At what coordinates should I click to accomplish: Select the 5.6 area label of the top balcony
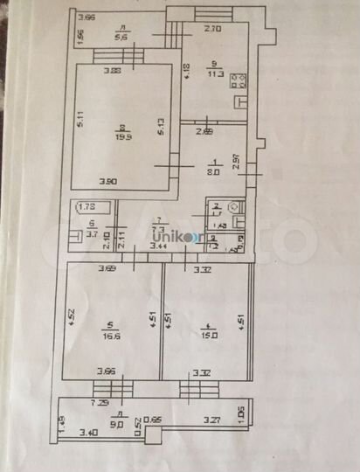coord(122,37)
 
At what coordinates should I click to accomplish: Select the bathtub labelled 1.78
coord(87,208)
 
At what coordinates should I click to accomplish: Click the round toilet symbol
coord(232,207)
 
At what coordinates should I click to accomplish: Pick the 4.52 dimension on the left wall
coord(73,312)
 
